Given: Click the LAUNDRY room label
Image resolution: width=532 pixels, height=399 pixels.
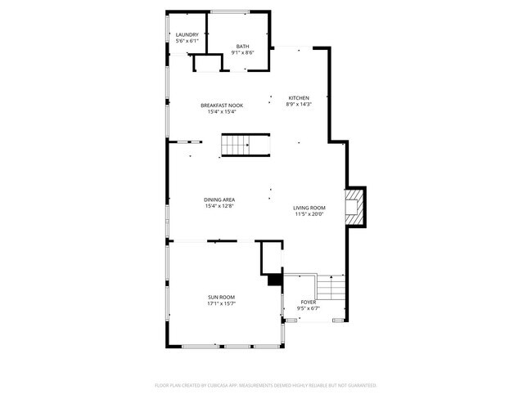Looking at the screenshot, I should click(187, 34).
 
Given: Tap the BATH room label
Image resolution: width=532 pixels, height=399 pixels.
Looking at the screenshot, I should click(243, 46).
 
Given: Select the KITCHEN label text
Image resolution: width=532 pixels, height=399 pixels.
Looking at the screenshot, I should click(298, 98).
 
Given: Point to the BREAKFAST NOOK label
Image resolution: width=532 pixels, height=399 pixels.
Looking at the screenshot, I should click(221, 105).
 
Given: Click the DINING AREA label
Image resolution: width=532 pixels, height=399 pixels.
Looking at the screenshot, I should click(219, 199).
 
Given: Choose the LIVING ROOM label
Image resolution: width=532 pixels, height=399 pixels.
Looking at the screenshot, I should click(309, 208).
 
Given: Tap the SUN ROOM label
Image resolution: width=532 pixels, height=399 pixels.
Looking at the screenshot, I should click(221, 297).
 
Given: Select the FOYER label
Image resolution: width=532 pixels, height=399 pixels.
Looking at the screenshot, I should click(309, 302).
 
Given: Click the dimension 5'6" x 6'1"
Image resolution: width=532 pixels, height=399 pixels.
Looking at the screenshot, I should click(187, 41).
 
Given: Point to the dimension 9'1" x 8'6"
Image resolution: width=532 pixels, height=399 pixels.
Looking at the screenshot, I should click(243, 52).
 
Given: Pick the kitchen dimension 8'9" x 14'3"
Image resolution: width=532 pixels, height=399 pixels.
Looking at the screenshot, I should click(298, 105).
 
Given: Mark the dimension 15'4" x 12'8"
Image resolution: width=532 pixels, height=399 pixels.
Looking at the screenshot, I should click(219, 206).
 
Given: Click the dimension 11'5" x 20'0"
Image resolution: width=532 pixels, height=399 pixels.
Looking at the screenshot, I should click(309, 214).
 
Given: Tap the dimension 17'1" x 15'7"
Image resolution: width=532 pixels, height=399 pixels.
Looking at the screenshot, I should click(221, 303).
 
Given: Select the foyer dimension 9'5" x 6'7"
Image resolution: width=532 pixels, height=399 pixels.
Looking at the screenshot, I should click(309, 308).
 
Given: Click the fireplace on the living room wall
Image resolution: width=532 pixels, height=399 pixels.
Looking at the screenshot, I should click(354, 207).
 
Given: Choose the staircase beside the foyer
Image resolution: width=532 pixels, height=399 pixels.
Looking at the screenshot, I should click(331, 288).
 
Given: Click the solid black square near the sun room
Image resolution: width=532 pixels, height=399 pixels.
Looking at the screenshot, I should click(274, 279).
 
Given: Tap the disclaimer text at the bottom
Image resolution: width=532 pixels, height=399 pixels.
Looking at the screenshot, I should click(265, 384).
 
